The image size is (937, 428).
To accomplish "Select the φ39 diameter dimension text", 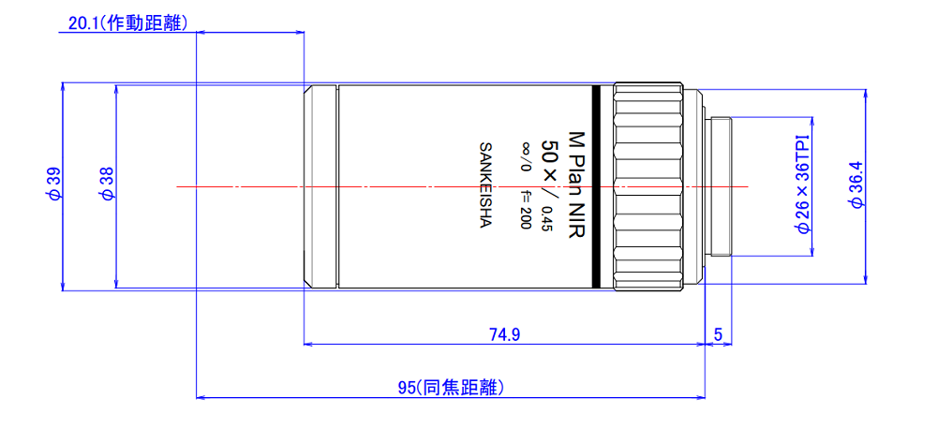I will click(53, 184).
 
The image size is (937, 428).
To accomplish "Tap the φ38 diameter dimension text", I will click(107, 184).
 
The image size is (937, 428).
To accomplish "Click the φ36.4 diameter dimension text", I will click(855, 184).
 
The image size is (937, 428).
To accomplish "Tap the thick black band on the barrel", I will click(596, 185).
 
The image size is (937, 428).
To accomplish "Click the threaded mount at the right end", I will click(721, 185).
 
